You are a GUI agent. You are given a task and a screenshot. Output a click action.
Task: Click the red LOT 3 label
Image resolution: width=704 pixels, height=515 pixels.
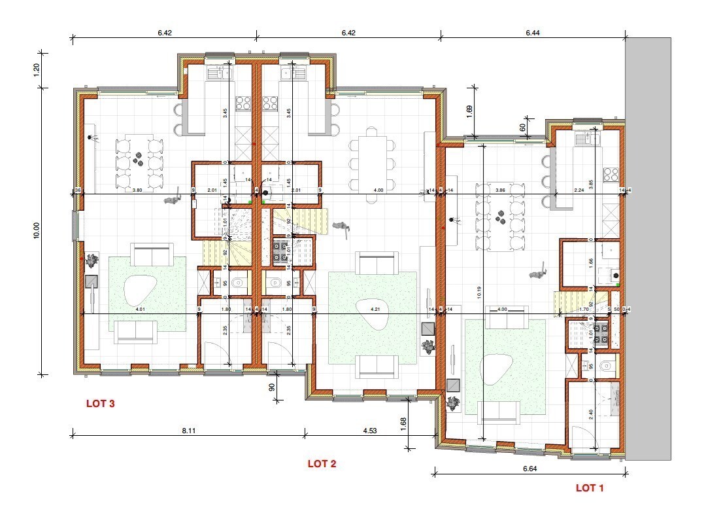point(101,404)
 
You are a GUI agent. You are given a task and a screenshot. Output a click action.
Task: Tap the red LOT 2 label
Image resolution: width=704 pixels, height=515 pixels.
point(322,464)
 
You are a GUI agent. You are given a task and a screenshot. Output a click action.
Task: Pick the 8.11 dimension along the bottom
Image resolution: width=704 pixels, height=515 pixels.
point(188,431)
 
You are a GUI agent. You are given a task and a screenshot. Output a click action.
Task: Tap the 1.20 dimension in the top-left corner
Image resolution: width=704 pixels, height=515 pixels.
point(37,70)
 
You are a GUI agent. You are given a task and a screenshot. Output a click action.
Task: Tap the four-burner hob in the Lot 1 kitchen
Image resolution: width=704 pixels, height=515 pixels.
point(611,174)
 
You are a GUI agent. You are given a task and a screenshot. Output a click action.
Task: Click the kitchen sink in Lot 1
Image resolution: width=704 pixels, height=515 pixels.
point(584,138)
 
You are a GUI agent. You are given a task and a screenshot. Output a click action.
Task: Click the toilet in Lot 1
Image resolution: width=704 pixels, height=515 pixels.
point(605,366)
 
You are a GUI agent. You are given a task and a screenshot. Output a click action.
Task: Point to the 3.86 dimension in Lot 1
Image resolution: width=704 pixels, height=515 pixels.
point(500,189)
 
